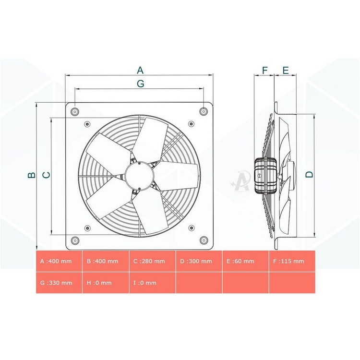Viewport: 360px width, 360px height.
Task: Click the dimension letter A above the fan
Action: tap(140, 70)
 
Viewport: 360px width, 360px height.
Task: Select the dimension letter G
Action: tap(141, 84)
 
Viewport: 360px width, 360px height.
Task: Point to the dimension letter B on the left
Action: tap(32, 175)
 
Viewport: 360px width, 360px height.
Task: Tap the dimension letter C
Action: tap(47, 175)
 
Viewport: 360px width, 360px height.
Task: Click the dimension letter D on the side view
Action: tap(310, 175)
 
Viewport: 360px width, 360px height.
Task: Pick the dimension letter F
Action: tap(264, 70)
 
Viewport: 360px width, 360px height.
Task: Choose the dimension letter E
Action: tap(286, 70)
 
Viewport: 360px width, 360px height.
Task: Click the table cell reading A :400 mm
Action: tap(59, 261)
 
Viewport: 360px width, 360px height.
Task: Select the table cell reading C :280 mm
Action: tap(153, 261)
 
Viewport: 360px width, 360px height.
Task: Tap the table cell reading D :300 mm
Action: tap(199, 261)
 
